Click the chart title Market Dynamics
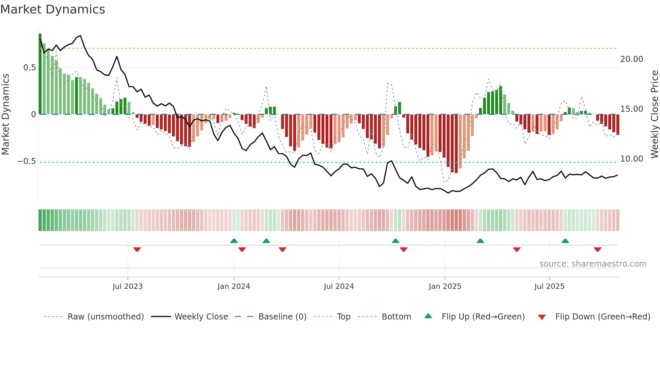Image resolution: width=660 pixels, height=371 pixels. click(x=53, y=9)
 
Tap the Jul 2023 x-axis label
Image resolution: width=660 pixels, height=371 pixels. click(x=128, y=286)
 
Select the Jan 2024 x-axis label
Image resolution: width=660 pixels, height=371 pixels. click(x=234, y=286)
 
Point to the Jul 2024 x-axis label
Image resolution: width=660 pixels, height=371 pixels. click(x=339, y=286)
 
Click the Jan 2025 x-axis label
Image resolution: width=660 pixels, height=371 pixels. click(x=445, y=286)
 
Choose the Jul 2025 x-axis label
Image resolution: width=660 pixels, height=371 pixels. click(x=549, y=286)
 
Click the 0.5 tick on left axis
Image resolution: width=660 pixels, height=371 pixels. click(x=29, y=68)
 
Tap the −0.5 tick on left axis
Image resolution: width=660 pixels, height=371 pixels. click(x=26, y=161)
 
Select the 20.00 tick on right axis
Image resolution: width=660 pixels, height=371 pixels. click(x=632, y=59)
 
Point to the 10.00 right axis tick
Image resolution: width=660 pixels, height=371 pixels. click(x=632, y=159)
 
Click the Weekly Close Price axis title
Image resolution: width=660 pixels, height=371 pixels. click(x=654, y=114)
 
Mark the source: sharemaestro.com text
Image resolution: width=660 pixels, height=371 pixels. click(x=593, y=264)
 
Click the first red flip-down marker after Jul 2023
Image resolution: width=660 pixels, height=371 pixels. click(x=137, y=249)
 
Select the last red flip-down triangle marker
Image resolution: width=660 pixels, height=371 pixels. click(x=597, y=249)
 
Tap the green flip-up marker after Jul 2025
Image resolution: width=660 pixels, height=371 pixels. click(x=565, y=241)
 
